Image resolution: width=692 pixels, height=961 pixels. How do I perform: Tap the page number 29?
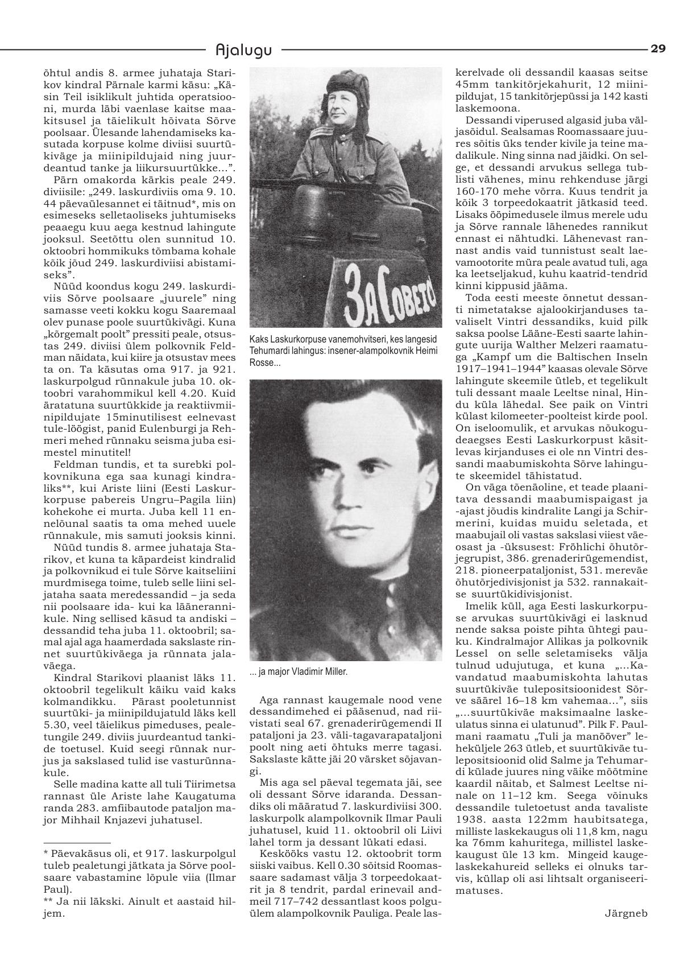coord(658,49)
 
